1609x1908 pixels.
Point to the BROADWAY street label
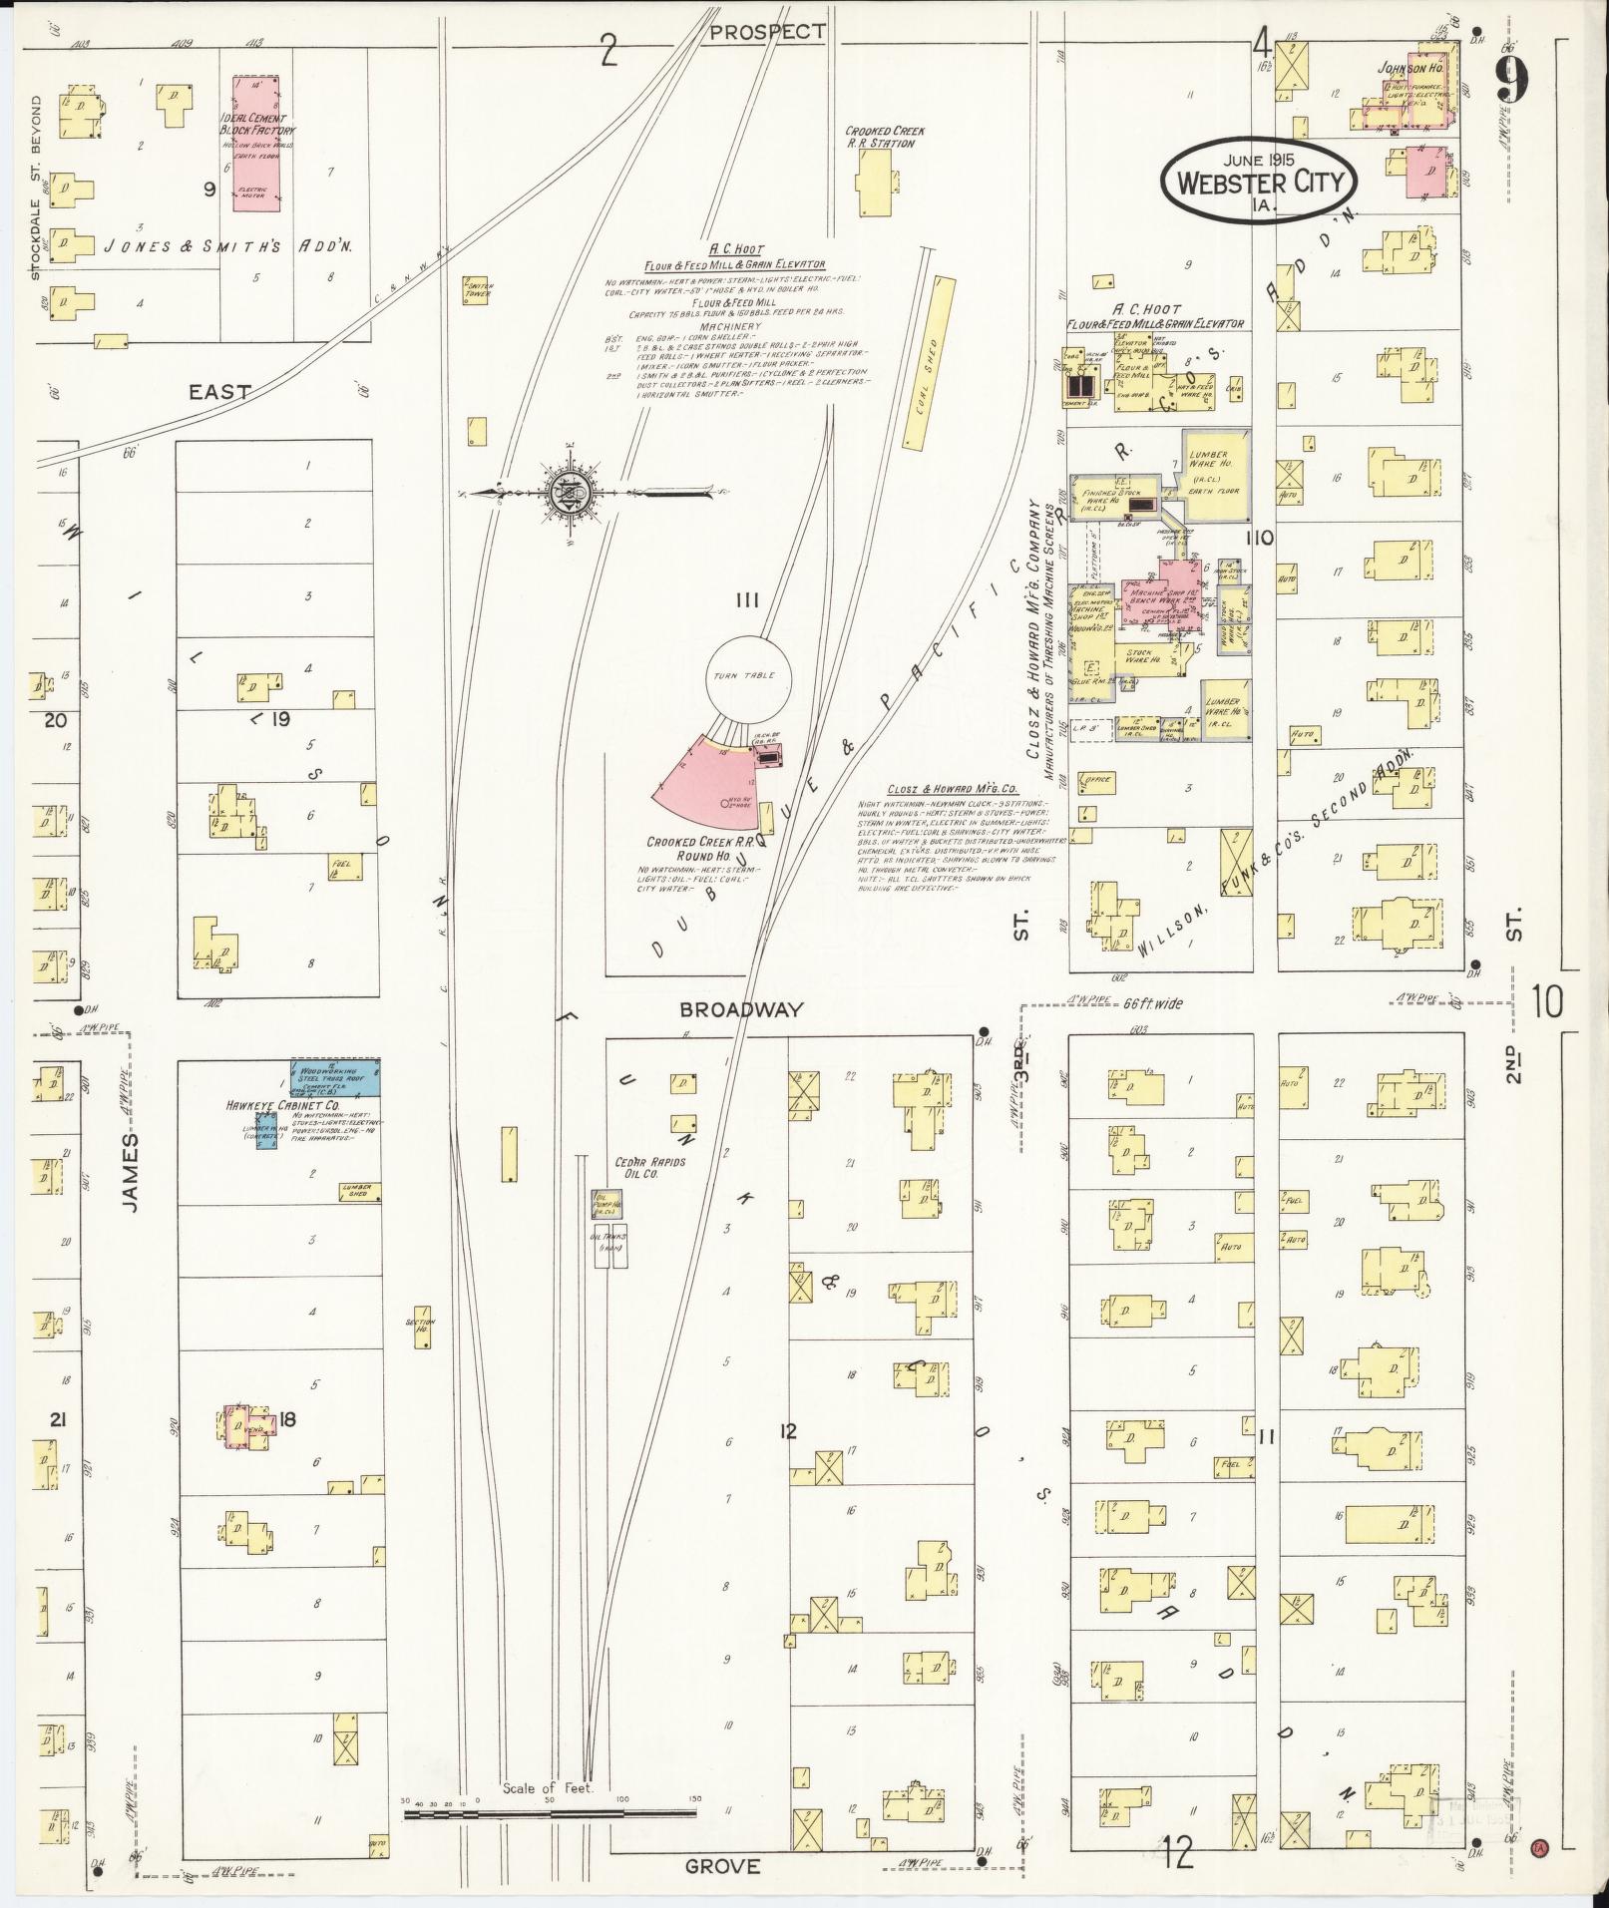pyautogui.click(x=741, y=1009)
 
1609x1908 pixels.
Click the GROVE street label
pyautogui.click(x=724, y=1866)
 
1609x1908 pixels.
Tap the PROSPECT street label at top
pyautogui.click(x=767, y=31)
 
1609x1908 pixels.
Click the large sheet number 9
pyautogui.click(x=1512, y=78)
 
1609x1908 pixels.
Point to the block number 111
pyautogui.click(x=748, y=599)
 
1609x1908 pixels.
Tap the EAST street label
pyautogui.click(x=221, y=392)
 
